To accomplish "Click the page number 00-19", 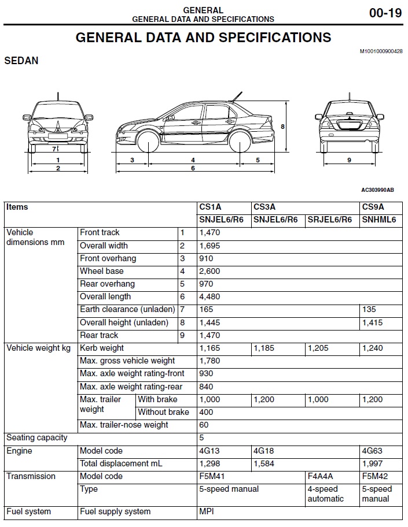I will coord(385,13).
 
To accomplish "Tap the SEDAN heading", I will coord(21,60).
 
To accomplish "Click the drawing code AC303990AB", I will coord(377,190).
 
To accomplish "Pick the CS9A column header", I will coord(373,207).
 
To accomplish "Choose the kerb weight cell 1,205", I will coord(318,348).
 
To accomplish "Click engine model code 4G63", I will coord(372,451).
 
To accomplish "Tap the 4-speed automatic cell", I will coord(326,493).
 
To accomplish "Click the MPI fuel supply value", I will coord(207,511).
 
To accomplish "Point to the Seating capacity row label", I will coord(36,437).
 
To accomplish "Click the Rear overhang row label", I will coord(107,284).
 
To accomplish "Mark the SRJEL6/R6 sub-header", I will coord(329,220).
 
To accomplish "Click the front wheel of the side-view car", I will coord(148,142).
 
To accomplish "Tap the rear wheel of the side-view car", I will coord(240,142).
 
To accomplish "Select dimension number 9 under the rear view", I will coord(349,160).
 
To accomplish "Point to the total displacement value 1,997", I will coord(372,463).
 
